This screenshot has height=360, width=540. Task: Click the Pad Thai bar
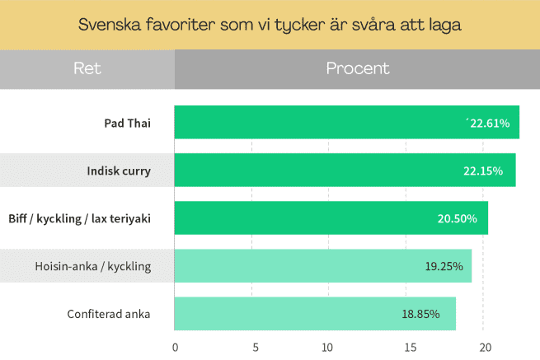pos(347,122)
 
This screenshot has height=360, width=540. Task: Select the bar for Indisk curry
pos(345,170)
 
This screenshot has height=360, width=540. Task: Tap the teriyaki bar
pos(331,217)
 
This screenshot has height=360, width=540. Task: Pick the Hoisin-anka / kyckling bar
pos(323,266)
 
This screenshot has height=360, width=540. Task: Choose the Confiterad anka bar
pos(315,314)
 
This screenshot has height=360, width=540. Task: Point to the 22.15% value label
pos(483,171)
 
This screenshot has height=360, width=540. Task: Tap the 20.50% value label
pos(457,219)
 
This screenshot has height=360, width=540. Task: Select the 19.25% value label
pos(444,266)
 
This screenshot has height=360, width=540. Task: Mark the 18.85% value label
pos(420,314)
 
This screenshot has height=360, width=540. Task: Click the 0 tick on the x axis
pos(176,348)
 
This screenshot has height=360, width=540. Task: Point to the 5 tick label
pos(256,348)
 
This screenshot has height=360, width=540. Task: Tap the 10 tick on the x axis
pos(327,348)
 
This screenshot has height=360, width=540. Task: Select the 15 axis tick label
pos(411,348)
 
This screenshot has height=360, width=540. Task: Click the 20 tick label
pos(486,348)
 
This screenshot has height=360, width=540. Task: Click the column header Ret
pos(87,68)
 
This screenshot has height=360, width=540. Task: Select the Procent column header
pos(358,68)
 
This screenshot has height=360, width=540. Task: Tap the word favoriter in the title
pos(180,25)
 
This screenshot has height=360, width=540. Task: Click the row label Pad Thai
pos(128,124)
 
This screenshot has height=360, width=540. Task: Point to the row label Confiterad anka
pos(109,314)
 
